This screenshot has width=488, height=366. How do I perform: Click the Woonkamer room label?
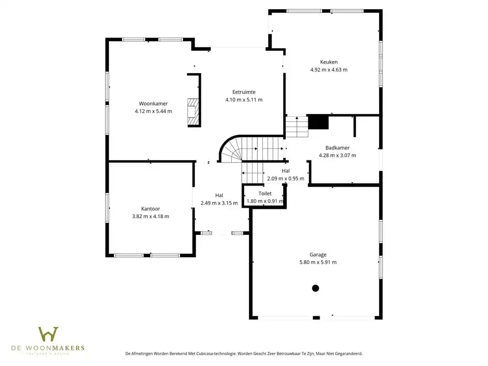pos(153,103)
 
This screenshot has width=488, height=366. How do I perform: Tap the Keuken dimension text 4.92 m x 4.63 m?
pos(329,70)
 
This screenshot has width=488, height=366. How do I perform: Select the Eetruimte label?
pos(243,92)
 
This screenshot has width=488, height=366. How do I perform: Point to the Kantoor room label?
pos(150,208)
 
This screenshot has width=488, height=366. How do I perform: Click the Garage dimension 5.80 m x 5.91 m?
pos(318,262)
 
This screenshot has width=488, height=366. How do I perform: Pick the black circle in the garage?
pos(315,288)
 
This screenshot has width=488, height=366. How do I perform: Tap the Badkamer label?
pos(337,148)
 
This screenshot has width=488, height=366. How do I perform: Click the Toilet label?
pos(265,194)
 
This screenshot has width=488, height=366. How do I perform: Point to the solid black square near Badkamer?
pos(319,123)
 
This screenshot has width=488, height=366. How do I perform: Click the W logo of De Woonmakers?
pos(48,334)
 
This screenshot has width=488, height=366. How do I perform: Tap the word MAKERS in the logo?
pos(70,348)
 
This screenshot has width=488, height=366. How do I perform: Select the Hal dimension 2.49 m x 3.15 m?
pos(219,203)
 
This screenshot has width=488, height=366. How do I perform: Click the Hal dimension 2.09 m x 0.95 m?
pos(286,178)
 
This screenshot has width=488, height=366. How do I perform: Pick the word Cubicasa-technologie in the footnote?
pos(212,353)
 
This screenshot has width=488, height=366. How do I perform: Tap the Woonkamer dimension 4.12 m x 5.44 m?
pos(153,111)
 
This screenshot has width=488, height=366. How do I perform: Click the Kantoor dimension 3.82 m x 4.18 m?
pos(150,216)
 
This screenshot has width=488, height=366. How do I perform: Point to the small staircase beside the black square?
pos(296,127)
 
